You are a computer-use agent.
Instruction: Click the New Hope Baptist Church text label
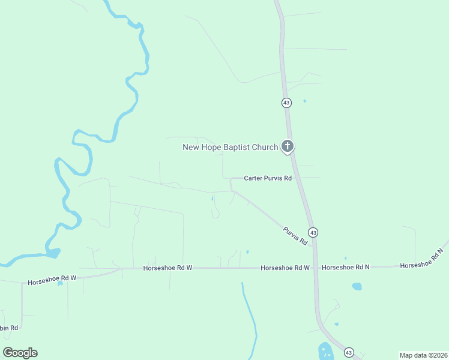(x=230, y=147)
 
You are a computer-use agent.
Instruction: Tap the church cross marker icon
(x=288, y=146)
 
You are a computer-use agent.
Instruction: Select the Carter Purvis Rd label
(x=268, y=178)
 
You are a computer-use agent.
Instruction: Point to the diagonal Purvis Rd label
(x=295, y=235)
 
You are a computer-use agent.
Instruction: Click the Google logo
(x=20, y=353)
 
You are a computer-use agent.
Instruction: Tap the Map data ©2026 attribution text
(x=423, y=355)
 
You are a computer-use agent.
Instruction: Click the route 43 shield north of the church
(x=286, y=103)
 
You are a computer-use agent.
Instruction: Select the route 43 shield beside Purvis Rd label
(x=313, y=232)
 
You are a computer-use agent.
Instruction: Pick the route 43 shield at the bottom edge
(x=349, y=352)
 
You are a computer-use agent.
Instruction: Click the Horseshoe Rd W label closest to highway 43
(x=285, y=268)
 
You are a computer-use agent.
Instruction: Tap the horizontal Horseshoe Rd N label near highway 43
(x=345, y=267)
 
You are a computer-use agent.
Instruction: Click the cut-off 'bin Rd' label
(x=9, y=328)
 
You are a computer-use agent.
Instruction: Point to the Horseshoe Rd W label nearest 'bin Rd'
(x=52, y=278)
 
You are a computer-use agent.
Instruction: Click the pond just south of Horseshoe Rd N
(x=357, y=286)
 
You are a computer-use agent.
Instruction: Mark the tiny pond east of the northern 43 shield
(x=304, y=100)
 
